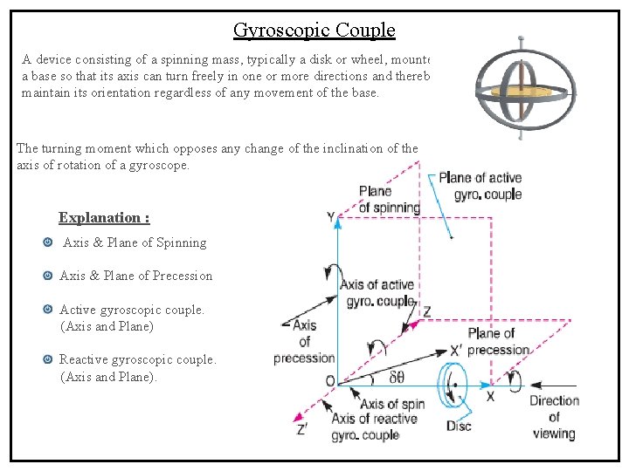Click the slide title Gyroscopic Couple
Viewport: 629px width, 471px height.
(x=314, y=31)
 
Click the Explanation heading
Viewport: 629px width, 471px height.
(x=104, y=217)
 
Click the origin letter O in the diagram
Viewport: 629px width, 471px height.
(x=329, y=381)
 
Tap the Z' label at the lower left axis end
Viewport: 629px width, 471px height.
(x=301, y=429)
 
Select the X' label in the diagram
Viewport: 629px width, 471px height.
(x=456, y=350)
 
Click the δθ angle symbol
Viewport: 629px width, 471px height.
(x=396, y=378)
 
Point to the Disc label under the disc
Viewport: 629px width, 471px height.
(x=459, y=425)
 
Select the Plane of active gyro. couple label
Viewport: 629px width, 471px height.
(x=480, y=186)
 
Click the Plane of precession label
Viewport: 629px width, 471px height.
(x=499, y=341)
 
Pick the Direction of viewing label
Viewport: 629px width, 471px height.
(x=553, y=417)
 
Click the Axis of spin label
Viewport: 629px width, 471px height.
(x=392, y=404)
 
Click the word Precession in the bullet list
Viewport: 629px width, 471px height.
(x=183, y=276)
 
